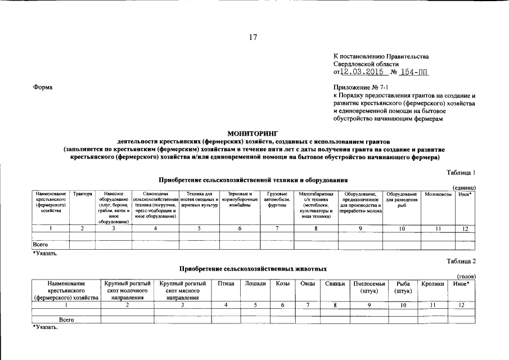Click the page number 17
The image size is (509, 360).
(x=253, y=38)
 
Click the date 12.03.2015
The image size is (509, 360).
(x=363, y=72)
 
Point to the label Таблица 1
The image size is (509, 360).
(x=462, y=172)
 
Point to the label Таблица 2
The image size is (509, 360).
(x=462, y=261)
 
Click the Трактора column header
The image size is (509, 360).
(x=83, y=194)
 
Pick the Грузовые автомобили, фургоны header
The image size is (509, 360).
(x=277, y=200)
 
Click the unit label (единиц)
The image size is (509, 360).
(x=465, y=187)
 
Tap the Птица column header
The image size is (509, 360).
(x=226, y=283)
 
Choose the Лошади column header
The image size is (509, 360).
(x=255, y=283)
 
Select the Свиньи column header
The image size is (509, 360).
(x=335, y=283)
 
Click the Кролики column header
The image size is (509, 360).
(x=432, y=283)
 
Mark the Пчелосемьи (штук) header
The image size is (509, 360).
(x=369, y=287)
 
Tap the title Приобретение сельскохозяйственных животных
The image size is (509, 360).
(x=253, y=269)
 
